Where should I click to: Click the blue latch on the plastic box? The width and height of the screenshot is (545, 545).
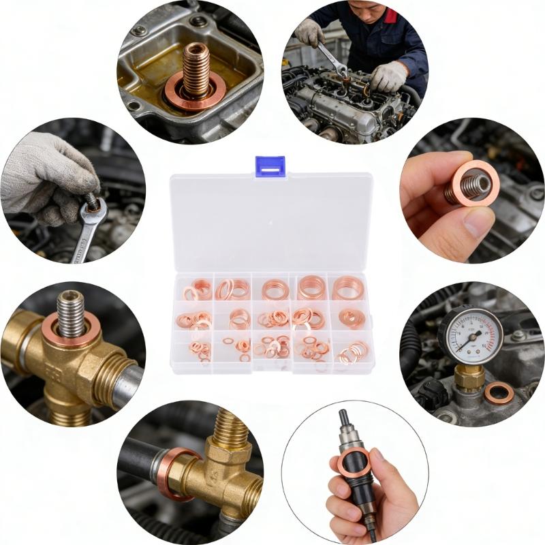270,166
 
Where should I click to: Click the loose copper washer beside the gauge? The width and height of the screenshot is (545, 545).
499,392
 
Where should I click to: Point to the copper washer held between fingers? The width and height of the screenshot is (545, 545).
476,183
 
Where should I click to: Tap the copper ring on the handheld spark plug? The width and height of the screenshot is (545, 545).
353,463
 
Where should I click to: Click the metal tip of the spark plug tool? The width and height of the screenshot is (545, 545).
344,418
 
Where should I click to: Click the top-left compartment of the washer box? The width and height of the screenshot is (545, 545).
193,290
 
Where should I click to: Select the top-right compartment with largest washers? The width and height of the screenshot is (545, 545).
348,287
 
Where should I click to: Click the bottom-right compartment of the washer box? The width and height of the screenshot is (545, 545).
351,353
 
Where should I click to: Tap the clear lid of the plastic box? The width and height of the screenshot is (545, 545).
270,225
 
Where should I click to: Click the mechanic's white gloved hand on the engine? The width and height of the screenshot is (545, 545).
389,76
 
